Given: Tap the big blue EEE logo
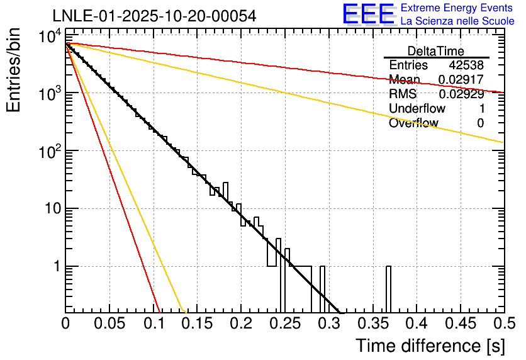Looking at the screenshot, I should pyautogui.click(x=368, y=14).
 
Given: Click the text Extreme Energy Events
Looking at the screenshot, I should pyautogui.click(x=457, y=8).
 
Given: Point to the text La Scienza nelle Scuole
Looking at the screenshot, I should pyautogui.click(x=457, y=21).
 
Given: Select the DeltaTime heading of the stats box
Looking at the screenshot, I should pyautogui.click(x=435, y=51).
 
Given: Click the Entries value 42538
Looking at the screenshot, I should pyautogui.click(x=466, y=65).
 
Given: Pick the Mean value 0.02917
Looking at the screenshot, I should pyautogui.click(x=461, y=80).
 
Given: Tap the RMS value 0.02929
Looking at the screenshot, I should pyautogui.click(x=461, y=94).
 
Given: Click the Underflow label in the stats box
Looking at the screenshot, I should pyautogui.click(x=417, y=109).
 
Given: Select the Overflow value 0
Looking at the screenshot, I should pyautogui.click(x=480, y=123).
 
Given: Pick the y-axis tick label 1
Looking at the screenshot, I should pyautogui.click(x=55, y=266).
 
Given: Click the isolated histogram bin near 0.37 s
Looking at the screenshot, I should pyautogui.click(x=388, y=289).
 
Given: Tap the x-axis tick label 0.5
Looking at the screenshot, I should pyautogui.click(x=502, y=323).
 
